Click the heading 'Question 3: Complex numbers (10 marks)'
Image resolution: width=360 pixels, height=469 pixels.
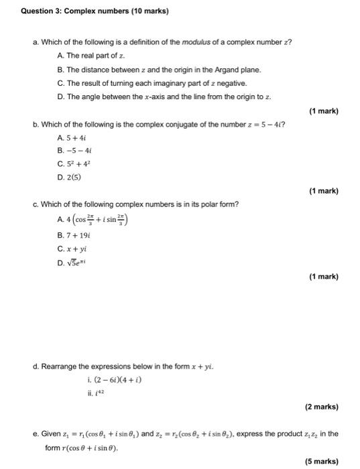point(93,11)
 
